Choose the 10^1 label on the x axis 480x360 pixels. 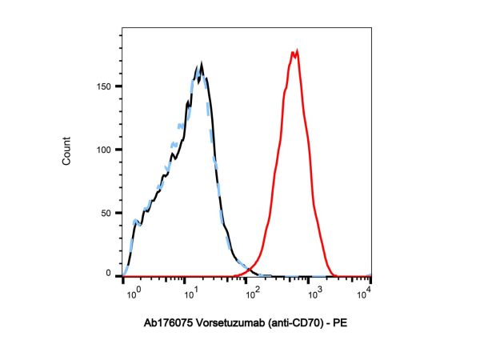point(190,292)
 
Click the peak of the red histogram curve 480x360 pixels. point(297,51)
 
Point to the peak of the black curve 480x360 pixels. point(202,63)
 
